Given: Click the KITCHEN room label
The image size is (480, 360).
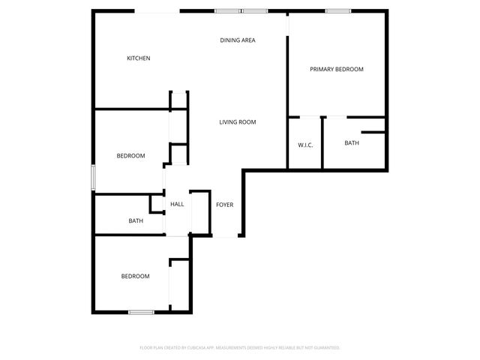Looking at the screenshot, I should click(139, 58).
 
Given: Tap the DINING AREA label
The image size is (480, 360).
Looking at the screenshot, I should click(238, 40).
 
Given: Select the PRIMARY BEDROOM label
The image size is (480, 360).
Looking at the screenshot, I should click(337, 69).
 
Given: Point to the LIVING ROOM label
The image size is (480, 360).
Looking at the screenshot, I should click(238, 122).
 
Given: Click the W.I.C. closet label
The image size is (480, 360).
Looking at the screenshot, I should click(305, 144).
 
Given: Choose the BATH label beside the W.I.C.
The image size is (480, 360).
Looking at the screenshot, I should click(352, 142).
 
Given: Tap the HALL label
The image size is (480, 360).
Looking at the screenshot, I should click(177, 204).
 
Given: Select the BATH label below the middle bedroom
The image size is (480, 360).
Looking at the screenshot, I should click(136, 220).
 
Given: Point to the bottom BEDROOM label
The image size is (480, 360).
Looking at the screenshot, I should click(135, 276).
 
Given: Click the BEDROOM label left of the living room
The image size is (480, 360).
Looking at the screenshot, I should click(130, 156).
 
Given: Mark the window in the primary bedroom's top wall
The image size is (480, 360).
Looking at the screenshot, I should click(338, 10).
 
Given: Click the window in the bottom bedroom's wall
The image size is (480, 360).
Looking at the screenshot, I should click(141, 312).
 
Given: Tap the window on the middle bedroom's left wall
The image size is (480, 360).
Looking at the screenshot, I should click(93, 177).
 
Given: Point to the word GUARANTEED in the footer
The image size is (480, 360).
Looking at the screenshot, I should click(325, 348).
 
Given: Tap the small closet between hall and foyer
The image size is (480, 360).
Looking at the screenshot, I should click(199, 214).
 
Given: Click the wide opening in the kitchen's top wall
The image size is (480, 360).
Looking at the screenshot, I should click(157, 11).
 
